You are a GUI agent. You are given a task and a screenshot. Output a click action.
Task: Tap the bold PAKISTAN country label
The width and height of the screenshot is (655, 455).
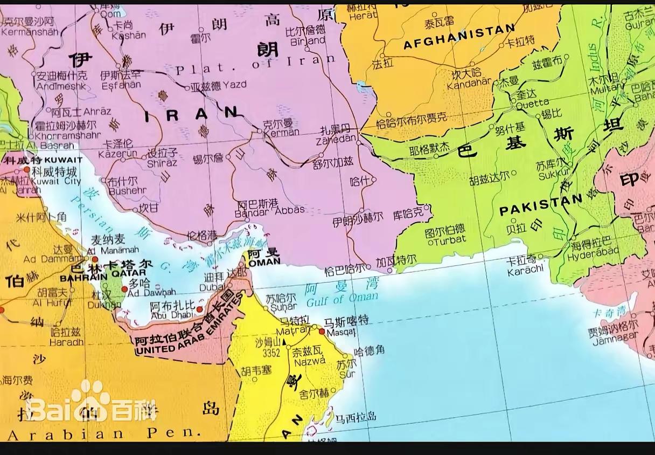point(540,205)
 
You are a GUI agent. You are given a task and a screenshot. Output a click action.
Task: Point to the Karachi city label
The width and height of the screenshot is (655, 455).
point(525,270)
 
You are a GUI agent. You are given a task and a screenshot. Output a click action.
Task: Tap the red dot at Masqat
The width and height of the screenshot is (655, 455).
point(322,331)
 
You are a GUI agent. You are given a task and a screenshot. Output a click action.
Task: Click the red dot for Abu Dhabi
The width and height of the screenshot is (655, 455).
point(199,309)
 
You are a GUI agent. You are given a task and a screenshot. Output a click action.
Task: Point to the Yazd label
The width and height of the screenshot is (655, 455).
point(238,85)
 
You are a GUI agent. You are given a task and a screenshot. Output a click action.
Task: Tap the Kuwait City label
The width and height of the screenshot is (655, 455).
point(56,182)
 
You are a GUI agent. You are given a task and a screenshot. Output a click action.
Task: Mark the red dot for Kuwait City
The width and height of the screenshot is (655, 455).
point(26,169)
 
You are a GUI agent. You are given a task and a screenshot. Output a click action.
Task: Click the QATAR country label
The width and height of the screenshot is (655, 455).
point(128,273)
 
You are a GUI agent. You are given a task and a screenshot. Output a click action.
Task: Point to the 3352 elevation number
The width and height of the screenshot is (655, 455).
point(271,353)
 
